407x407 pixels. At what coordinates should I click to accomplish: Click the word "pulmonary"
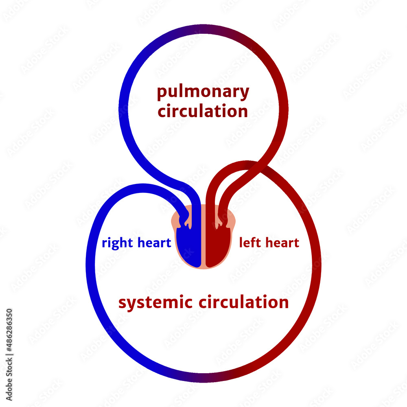tap(203, 93)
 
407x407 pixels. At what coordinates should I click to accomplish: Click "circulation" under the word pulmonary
tap(203, 111)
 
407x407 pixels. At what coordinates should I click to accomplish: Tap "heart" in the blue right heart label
tap(154, 243)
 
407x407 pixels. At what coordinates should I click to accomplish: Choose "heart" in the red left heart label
tap(281, 243)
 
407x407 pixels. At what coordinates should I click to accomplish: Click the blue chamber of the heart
tap(190, 248)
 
